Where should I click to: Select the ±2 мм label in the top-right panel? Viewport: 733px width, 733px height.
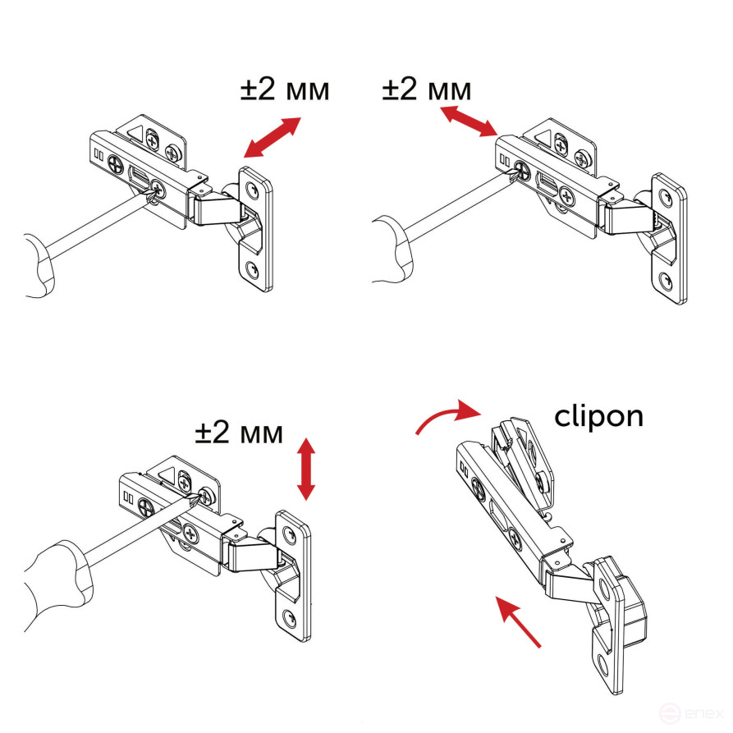pos(427,89)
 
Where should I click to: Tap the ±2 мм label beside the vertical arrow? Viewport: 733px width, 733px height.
pos(239,432)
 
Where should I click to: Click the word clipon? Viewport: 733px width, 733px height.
pos(598,416)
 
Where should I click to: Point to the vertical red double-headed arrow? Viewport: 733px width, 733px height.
pos(306,469)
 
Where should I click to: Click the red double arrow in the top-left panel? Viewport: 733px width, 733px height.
pos(273,137)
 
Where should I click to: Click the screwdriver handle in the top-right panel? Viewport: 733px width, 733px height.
pos(393,250)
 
